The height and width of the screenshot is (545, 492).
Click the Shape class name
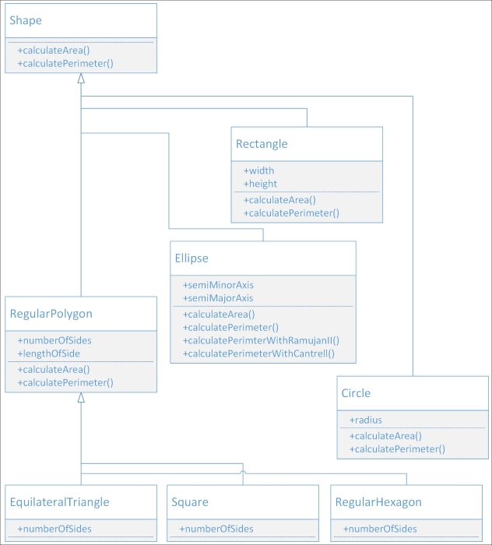coord(26,20)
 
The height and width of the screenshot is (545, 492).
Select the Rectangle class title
coord(262,144)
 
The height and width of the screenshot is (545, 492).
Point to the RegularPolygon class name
coord(51,314)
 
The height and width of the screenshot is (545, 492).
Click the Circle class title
coord(356,393)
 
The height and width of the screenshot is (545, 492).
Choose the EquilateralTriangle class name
coord(59,502)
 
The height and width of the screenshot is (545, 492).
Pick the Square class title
coord(190,502)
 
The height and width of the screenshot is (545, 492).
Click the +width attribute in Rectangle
coord(258,171)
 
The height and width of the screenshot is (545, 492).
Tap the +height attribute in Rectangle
coord(260,184)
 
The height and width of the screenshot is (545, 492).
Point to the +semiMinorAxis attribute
coord(218,285)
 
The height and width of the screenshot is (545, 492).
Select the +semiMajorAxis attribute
coord(218,298)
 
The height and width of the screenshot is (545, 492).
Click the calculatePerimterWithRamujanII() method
coord(261,340)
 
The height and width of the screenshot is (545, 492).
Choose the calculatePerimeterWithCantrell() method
coord(258,353)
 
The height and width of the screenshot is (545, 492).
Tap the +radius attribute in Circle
coord(366,420)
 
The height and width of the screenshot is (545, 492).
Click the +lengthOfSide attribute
coord(48,353)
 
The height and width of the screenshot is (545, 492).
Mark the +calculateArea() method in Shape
coord(54,50)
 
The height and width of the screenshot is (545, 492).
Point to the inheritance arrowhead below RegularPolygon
coord(81,398)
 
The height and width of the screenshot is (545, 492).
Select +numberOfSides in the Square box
coord(216,529)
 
